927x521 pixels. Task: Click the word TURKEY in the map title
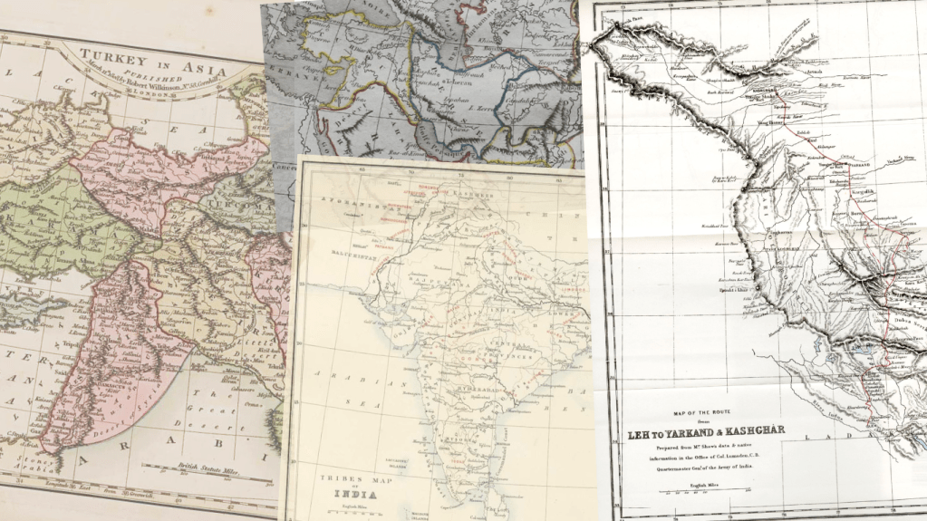point(101,56)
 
